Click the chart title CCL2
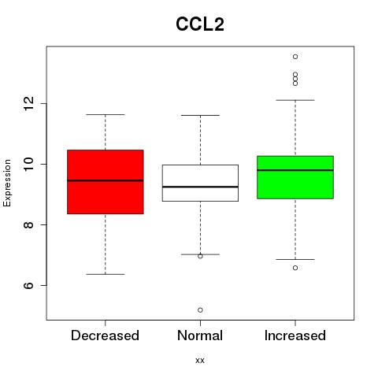[200, 24]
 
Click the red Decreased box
[106, 182]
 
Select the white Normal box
[200, 183]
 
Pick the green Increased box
[295, 177]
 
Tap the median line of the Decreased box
[106, 180]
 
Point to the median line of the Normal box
[200, 187]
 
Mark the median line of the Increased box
[295, 170]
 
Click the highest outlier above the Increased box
[295, 57]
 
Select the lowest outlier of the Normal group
[200, 310]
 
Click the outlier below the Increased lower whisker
[295, 268]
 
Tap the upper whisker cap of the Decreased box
[106, 114]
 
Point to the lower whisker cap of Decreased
[106, 274]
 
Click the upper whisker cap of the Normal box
[200, 115]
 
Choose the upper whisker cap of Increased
[295, 100]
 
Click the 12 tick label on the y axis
[29, 103]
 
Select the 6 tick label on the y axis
[29, 285]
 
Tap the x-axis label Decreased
[105, 335]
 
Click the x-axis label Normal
[200, 335]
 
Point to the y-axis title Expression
[7, 183]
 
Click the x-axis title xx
[200, 361]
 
